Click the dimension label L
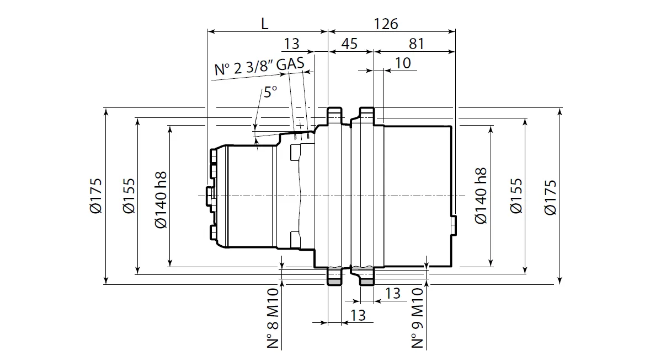pos(265,24)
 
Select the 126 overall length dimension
pos(386,24)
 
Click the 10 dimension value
pos(403,63)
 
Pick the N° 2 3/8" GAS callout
pos(259,67)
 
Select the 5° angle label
pos(270,92)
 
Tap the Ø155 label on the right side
pos(516,196)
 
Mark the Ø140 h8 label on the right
pos(482,196)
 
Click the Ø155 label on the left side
pos(128,196)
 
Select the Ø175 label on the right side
pos(550,196)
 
